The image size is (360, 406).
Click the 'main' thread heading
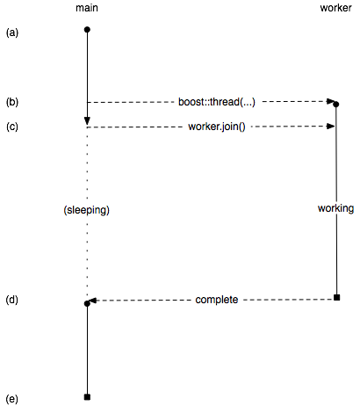(87, 8)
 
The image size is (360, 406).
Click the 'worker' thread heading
(335, 8)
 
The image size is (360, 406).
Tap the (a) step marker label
(12, 33)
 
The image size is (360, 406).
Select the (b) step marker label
(12, 102)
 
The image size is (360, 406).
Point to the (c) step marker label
(12, 127)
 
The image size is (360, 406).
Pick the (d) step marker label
(12, 300)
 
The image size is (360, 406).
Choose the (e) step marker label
(12, 399)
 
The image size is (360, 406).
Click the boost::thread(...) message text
(217, 102)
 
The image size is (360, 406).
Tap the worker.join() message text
(217, 127)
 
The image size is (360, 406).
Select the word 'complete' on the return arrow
(217, 300)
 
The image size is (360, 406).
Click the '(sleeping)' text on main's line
(86, 210)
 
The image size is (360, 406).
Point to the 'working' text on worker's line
(335, 208)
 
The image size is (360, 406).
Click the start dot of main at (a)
(87, 30)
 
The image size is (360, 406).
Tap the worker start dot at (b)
(336, 105)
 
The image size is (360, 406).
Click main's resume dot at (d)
(87, 304)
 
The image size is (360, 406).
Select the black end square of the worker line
(337, 298)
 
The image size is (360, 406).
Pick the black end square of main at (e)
(87, 397)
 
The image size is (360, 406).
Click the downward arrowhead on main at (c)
(87, 121)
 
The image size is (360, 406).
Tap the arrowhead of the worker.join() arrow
(331, 127)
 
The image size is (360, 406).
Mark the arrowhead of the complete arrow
(93, 301)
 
